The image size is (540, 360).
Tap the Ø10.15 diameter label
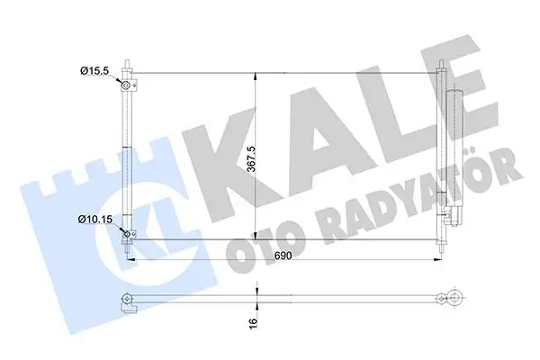pyautogui.click(x=97, y=219)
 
